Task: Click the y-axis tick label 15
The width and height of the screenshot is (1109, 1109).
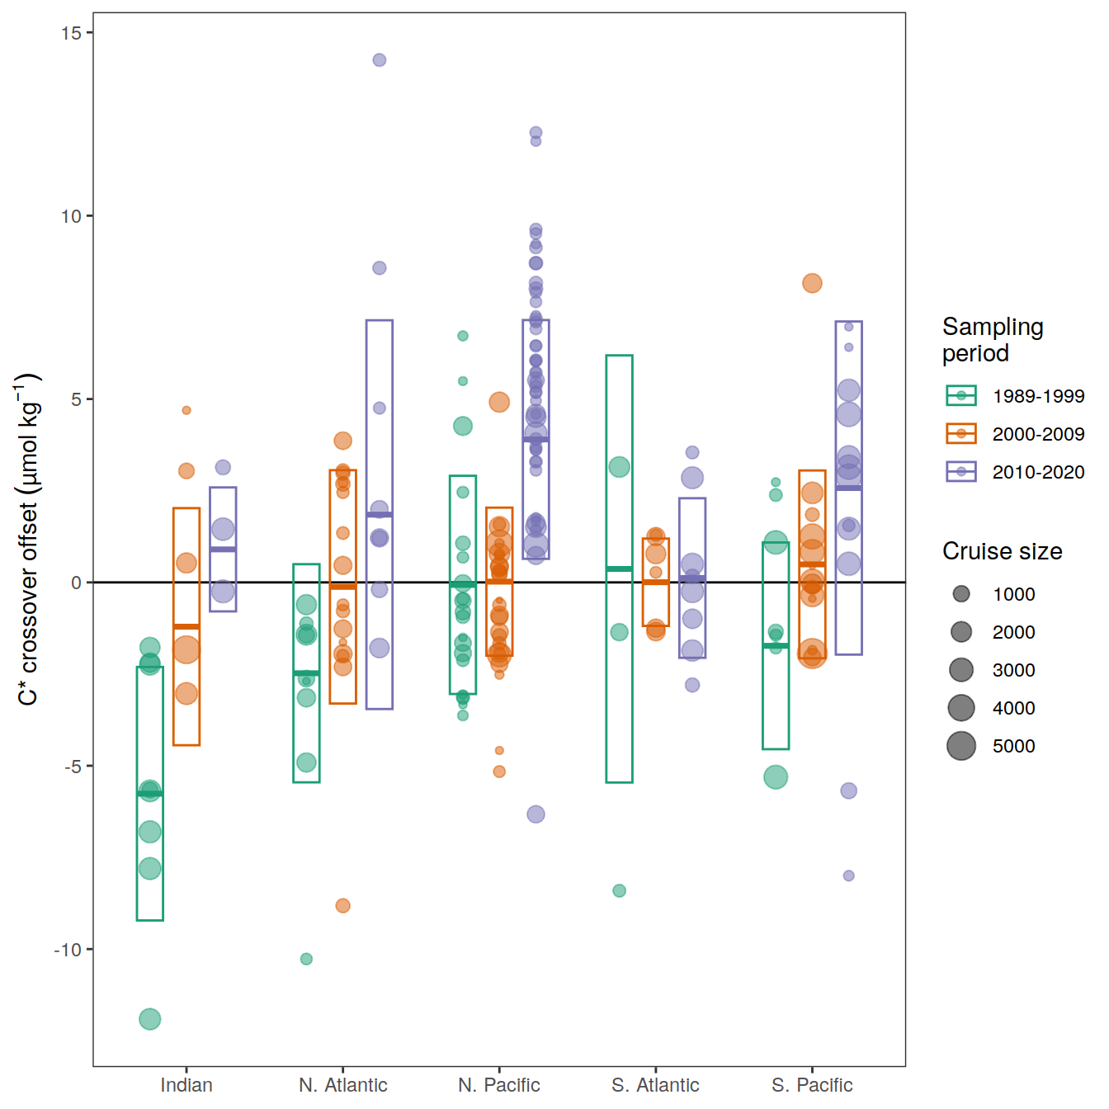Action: click(x=71, y=33)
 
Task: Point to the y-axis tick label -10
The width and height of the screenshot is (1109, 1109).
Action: click(x=68, y=950)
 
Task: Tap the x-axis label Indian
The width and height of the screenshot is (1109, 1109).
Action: click(x=186, y=1085)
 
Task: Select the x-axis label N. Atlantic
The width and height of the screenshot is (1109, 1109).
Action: click(x=342, y=1085)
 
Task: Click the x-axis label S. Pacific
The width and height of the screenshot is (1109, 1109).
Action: click(x=812, y=1085)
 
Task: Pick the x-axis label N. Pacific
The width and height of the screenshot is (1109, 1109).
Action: click(x=499, y=1085)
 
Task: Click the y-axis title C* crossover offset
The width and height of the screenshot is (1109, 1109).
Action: click(x=28, y=540)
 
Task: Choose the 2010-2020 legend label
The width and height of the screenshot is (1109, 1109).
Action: click(x=1038, y=472)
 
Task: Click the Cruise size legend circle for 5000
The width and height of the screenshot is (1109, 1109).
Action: click(x=961, y=746)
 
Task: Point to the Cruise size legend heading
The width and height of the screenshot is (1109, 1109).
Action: click(x=1002, y=551)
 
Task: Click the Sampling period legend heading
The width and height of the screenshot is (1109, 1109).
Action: click(x=993, y=340)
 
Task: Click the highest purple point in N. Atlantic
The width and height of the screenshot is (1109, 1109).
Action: click(x=380, y=60)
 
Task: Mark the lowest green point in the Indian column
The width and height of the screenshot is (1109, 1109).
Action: click(x=149, y=1019)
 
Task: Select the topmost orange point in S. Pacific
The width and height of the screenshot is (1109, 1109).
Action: click(x=812, y=283)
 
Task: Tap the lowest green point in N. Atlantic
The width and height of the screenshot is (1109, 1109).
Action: click(x=306, y=959)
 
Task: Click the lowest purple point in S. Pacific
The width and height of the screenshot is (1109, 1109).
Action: click(x=848, y=875)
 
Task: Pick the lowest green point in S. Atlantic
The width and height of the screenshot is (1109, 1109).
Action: click(x=619, y=890)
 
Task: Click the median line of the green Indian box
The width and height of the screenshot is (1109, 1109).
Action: click(x=149, y=794)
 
